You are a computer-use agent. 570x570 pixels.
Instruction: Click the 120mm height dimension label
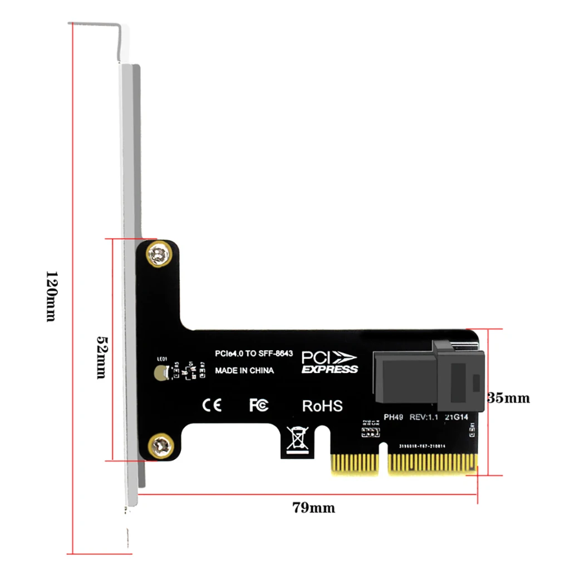51,296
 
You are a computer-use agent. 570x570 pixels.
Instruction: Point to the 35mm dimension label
509,398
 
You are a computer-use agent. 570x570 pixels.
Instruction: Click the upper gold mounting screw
158,254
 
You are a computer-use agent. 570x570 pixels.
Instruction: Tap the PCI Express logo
330,362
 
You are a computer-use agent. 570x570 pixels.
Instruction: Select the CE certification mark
212,405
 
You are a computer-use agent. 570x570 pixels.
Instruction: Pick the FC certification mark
258,405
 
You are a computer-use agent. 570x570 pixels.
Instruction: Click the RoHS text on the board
322,406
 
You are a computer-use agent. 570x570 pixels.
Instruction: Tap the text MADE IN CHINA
244,370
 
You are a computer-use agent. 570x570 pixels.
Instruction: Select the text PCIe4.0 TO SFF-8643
254,353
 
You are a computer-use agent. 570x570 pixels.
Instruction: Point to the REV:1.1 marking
425,417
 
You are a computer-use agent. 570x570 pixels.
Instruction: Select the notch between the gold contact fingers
383,459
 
